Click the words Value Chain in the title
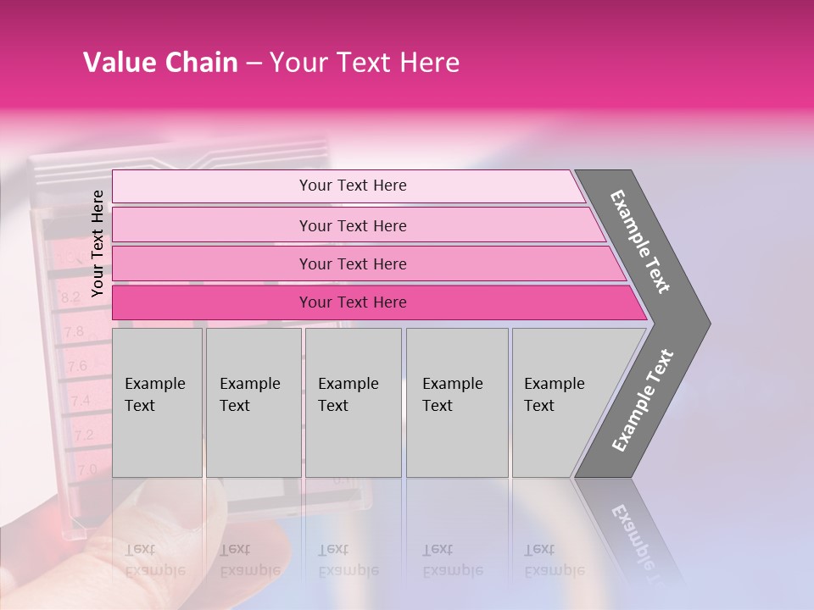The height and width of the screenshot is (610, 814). [160, 63]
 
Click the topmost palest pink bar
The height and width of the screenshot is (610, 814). [352, 186]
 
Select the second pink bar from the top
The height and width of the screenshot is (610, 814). [352, 225]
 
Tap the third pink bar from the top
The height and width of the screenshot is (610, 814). [352, 263]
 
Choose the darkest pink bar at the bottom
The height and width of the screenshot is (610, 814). [352, 302]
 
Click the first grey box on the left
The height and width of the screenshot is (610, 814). [157, 402]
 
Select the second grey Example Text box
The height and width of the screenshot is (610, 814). [253, 402]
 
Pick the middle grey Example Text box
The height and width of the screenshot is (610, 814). [353, 402]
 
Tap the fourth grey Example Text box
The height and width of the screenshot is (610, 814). [457, 402]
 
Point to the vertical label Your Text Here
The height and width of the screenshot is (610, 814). [98, 243]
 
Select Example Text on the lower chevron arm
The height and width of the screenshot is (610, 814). [643, 401]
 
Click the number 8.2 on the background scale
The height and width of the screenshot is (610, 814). [70, 297]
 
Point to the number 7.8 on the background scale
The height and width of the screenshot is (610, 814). [74, 331]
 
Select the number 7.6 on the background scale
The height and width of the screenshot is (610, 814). [77, 366]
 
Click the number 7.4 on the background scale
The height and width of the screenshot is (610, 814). [81, 400]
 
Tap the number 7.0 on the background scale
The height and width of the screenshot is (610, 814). [86, 469]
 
